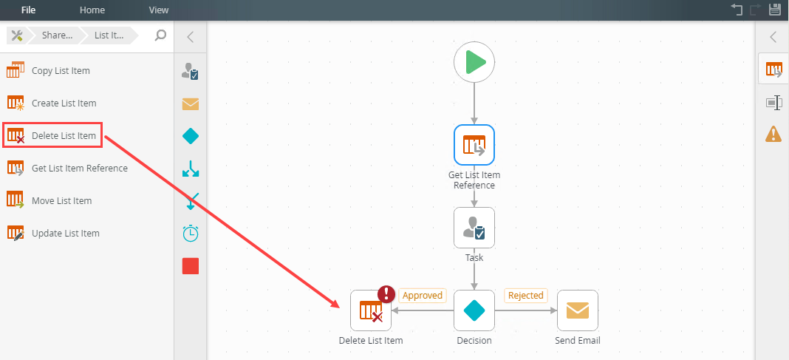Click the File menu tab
point(28,10)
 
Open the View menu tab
point(159,10)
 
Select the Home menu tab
point(92,10)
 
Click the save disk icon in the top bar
point(775,10)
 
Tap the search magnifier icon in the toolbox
point(160,35)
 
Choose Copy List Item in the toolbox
point(61,71)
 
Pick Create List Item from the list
point(64,103)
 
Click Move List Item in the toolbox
point(61,201)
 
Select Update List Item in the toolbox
point(65,234)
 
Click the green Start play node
point(474,62)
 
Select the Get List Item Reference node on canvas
point(474,145)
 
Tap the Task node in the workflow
point(474,228)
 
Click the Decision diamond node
point(474,310)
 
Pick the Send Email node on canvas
point(578,310)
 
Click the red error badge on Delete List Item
point(386,294)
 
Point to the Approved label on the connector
point(423,296)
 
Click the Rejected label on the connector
point(526,296)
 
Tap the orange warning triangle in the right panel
point(773,134)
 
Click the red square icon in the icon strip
point(191,266)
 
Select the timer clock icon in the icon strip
point(191,233)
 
